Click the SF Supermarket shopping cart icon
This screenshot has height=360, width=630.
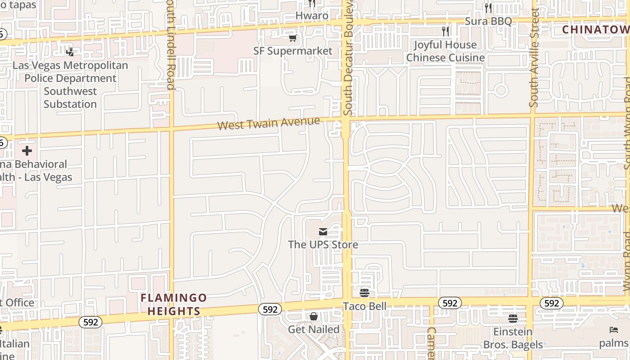[x=292, y=38]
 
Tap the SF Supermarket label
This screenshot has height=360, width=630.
[x=292, y=51]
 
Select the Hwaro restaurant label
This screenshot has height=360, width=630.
[x=312, y=15]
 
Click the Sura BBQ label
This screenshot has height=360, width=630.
[x=488, y=21]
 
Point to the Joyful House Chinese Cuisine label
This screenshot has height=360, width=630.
[x=445, y=51]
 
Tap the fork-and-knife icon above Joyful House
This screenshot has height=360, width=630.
[x=445, y=31]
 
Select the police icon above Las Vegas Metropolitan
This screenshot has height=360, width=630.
[x=70, y=52]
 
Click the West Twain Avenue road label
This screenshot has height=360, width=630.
[x=269, y=123]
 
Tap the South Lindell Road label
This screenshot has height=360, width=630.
[x=170, y=45]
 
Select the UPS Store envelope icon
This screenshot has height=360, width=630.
[x=323, y=232]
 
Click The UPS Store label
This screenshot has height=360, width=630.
[x=323, y=245]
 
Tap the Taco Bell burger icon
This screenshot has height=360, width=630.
[x=364, y=293]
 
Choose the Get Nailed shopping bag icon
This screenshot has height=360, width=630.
[x=314, y=316]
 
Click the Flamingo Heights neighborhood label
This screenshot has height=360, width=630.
[x=174, y=305]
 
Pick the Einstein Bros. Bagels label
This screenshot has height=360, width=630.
[x=513, y=338]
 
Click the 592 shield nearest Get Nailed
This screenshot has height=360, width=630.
[x=270, y=309]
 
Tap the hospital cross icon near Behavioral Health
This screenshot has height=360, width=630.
[x=27, y=151]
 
